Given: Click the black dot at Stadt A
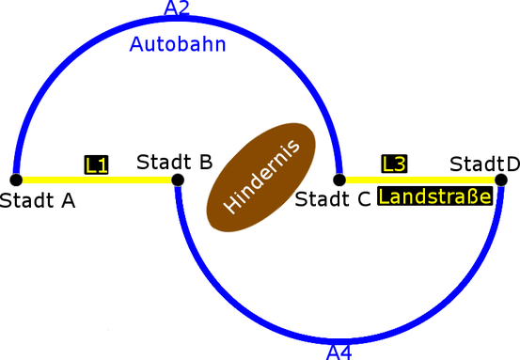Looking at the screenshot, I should click(x=16, y=180).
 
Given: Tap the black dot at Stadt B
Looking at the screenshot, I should click(x=178, y=180).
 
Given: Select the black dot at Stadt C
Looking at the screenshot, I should click(x=339, y=179).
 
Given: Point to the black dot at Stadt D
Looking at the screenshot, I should click(x=501, y=179).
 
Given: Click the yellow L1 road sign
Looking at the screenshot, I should click(x=97, y=164).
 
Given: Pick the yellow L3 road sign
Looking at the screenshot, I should click(x=394, y=164).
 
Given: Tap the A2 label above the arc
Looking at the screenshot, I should click(x=177, y=9).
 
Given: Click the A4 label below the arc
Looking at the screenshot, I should click(x=339, y=352).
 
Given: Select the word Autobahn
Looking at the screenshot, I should click(x=178, y=43).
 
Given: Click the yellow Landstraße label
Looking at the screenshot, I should click(x=434, y=197).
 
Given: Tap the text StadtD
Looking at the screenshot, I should click(x=484, y=164).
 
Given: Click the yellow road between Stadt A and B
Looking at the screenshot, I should click(x=56, y=180).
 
